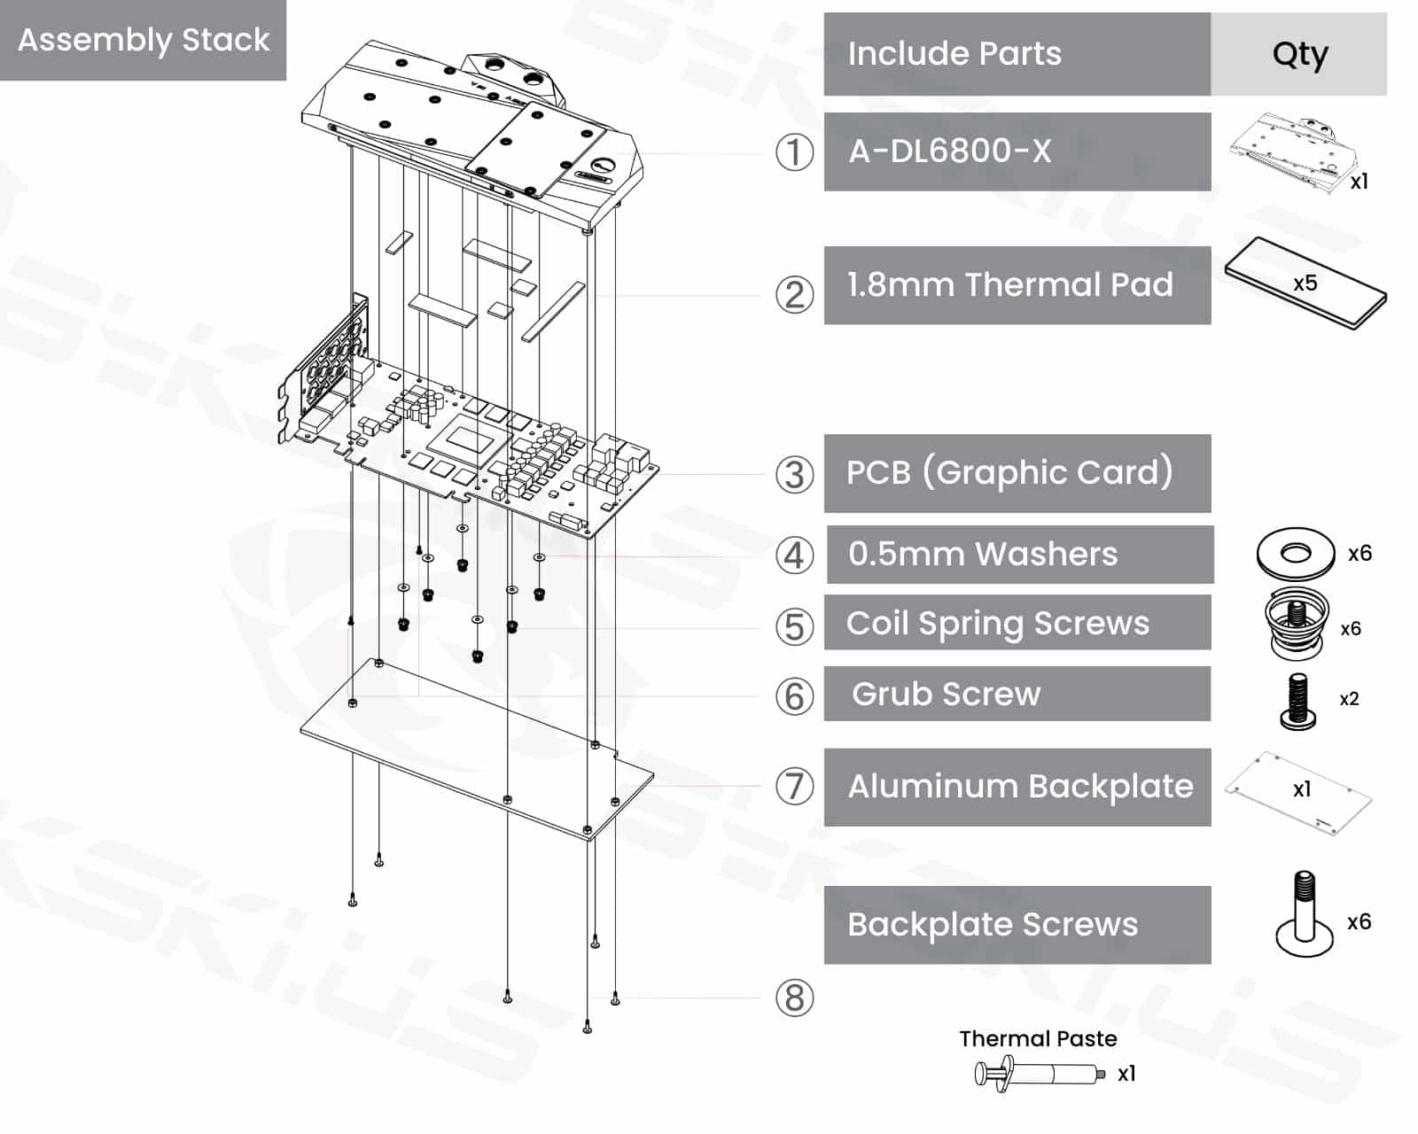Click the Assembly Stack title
coord(144,40)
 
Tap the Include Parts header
coord(954,53)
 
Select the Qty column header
coord(1299,55)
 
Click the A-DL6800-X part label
coord(949,151)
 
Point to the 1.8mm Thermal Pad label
coord(1010,284)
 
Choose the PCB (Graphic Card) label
coord(1009,472)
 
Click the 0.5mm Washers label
coord(983,554)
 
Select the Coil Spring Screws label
coord(998,624)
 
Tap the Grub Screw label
coord(946,694)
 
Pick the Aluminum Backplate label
coord(1020,786)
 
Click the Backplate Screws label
coord(993,924)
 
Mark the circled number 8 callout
coord(794,998)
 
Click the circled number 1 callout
coord(794,152)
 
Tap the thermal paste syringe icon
coord(1039,1074)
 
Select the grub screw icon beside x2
coord(1297,701)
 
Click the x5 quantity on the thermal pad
coord(1305,283)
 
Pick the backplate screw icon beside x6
coord(1304,913)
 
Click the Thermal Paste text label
coord(1038,1039)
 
